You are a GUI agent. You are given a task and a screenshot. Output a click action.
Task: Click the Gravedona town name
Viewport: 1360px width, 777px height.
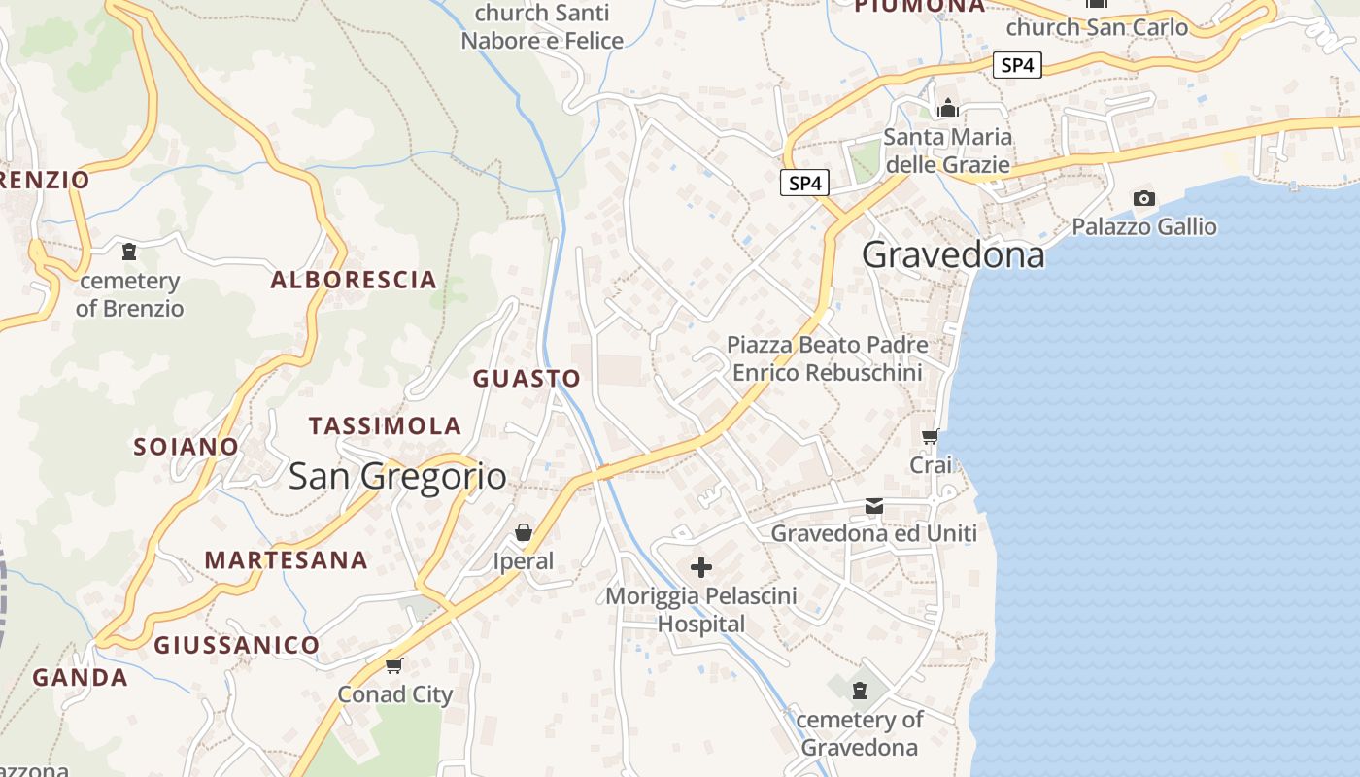click(x=953, y=254)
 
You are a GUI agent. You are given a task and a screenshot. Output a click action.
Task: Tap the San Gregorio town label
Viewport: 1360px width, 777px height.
click(x=397, y=476)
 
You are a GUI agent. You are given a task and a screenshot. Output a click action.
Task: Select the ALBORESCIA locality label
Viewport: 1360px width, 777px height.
click(x=354, y=280)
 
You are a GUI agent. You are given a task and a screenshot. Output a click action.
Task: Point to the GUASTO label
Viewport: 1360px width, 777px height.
click(x=527, y=379)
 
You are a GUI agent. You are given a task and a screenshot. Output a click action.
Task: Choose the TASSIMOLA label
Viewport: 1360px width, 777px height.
click(x=385, y=425)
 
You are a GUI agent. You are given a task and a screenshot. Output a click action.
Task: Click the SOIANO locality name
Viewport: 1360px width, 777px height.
click(x=186, y=447)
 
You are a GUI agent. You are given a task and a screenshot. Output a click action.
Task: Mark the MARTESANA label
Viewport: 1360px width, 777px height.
click(x=286, y=559)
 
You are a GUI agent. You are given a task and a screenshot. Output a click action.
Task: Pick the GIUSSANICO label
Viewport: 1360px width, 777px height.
click(x=236, y=645)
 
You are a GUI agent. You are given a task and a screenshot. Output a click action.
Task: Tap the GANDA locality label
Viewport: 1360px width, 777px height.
click(x=80, y=678)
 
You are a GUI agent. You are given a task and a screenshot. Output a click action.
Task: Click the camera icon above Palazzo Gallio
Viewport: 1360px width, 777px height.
click(x=1144, y=199)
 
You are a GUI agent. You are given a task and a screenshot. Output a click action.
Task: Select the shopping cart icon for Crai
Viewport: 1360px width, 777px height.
click(x=931, y=437)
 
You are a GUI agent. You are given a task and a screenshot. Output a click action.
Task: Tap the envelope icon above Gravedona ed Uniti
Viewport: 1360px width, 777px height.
click(x=874, y=506)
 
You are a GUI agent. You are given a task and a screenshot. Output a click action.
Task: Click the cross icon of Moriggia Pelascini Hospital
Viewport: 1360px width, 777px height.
click(x=700, y=567)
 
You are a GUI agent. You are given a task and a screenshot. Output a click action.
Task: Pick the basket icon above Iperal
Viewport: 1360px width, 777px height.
click(x=524, y=532)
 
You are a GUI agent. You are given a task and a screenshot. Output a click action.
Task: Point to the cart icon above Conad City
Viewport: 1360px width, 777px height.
click(x=393, y=665)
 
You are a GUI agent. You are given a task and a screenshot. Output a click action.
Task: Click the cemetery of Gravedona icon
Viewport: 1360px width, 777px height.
click(x=859, y=691)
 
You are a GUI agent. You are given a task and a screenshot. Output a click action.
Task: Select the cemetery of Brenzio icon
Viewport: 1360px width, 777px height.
click(x=128, y=252)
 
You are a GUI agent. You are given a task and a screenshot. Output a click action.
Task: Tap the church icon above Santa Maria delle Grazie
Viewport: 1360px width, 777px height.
click(x=947, y=108)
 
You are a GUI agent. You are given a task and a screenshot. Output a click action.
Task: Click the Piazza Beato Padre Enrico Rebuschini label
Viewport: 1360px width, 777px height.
click(x=827, y=358)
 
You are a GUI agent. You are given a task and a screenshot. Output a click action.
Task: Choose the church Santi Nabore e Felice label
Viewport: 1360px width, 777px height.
click(x=542, y=27)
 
